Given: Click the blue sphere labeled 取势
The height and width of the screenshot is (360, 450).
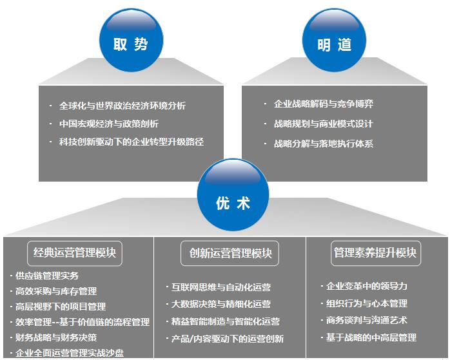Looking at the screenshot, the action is pyautogui.click(x=131, y=40).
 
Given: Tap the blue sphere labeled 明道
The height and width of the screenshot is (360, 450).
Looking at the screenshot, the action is pyautogui.click(x=334, y=40).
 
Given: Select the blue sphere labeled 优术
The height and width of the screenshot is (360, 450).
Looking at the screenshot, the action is pyautogui.click(x=233, y=194).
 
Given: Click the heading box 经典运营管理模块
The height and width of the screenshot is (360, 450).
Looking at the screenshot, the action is pyautogui.click(x=75, y=253).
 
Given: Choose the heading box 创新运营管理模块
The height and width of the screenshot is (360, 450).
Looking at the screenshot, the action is pyautogui.click(x=230, y=253).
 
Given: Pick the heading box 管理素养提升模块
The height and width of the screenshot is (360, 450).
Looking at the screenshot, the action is pyautogui.click(x=376, y=253).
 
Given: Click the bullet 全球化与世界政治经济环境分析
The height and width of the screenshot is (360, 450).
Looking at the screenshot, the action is pyautogui.click(x=122, y=106).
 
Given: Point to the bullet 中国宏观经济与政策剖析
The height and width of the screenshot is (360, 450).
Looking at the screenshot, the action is pyautogui.click(x=109, y=124).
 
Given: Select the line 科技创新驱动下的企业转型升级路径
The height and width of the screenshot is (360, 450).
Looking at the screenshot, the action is pyautogui.click(x=132, y=142).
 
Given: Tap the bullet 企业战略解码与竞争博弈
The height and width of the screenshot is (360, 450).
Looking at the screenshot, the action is pyautogui.click(x=324, y=104).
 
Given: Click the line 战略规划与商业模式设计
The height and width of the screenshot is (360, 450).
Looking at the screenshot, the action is pyautogui.click(x=324, y=124).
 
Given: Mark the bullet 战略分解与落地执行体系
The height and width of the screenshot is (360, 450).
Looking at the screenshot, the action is pyautogui.click(x=324, y=144).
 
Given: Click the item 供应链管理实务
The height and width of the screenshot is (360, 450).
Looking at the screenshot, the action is pyautogui.click(x=47, y=276).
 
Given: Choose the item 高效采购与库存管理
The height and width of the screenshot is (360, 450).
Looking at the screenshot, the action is pyautogui.click(x=56, y=291).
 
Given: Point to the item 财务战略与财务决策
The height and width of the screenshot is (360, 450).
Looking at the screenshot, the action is pyautogui.click(x=56, y=337).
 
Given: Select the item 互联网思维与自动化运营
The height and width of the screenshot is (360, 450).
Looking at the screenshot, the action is pyautogui.click(x=221, y=287).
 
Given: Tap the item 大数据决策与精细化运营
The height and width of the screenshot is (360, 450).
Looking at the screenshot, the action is pyautogui.click(x=221, y=304).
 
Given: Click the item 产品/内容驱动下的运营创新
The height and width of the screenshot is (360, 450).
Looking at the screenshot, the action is pyautogui.click(x=228, y=339).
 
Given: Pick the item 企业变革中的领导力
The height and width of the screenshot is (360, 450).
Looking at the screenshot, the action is pyautogui.click(x=367, y=286).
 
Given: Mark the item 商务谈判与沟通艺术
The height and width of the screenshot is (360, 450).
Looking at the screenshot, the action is pyautogui.click(x=367, y=320).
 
